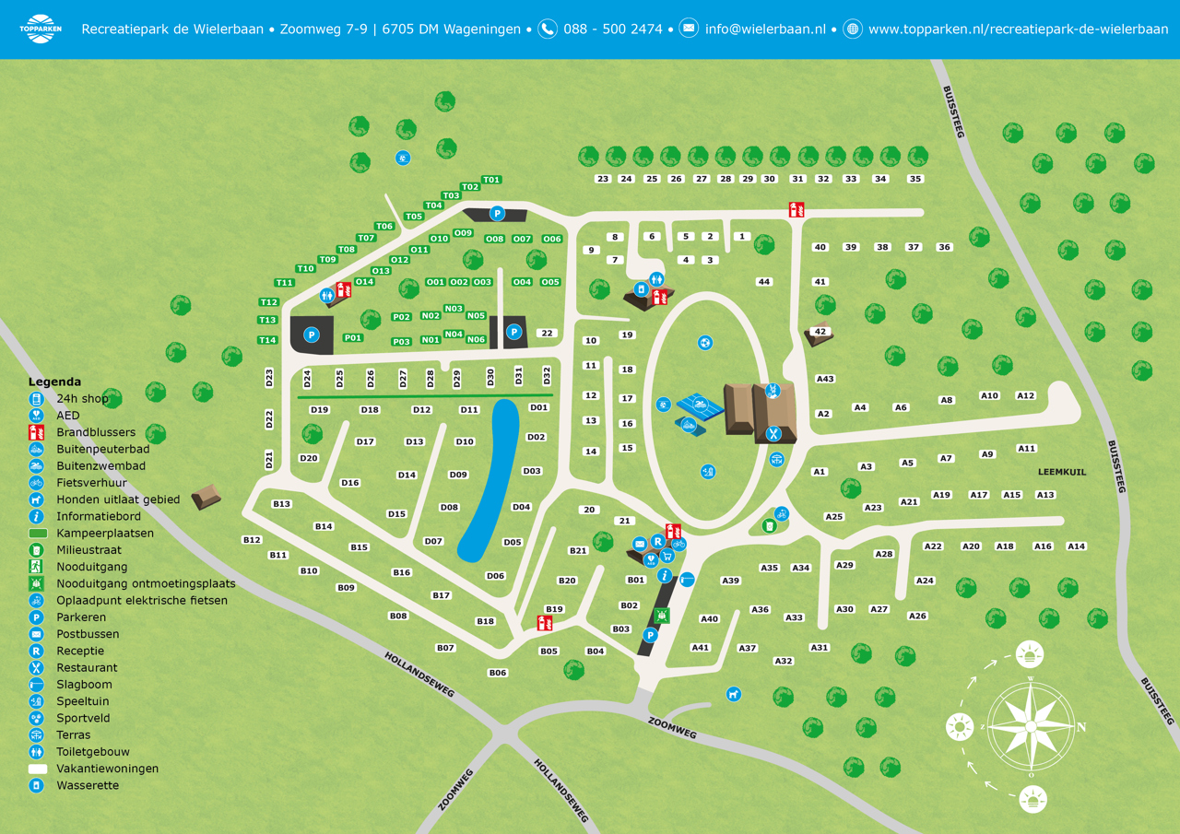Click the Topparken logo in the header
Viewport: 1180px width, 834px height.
(x=40, y=29)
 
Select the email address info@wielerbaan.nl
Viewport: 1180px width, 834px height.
(x=764, y=29)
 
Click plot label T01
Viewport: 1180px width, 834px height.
(x=491, y=180)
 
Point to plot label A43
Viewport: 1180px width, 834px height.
(x=825, y=379)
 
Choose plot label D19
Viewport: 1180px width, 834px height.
(x=320, y=410)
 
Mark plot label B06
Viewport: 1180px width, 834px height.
(x=498, y=673)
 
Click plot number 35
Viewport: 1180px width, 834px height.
(x=914, y=179)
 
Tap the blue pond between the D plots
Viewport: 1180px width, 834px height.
(x=490, y=479)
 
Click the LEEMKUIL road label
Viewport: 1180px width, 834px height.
(x=1062, y=472)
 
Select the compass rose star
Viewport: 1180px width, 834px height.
(x=1030, y=726)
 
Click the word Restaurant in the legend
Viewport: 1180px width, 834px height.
(x=87, y=667)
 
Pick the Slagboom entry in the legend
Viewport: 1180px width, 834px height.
(x=84, y=685)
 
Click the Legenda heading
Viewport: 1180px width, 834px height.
(x=54, y=382)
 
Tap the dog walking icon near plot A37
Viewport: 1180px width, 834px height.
(x=733, y=694)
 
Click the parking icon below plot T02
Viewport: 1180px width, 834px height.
(x=497, y=214)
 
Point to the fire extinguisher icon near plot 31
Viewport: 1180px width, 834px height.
(x=796, y=210)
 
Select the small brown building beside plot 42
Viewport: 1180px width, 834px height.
(x=818, y=335)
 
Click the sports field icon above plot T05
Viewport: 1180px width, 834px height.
(x=403, y=159)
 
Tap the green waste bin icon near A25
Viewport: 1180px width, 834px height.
(x=769, y=526)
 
